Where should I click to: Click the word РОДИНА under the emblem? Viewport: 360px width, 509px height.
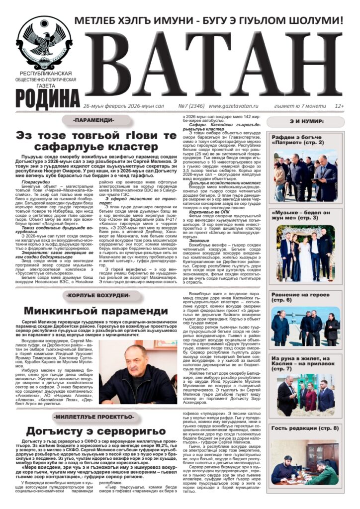(x=47, y=94)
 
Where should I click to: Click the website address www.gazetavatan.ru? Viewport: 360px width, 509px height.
(x=234, y=106)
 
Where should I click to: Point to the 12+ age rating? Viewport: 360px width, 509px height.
(x=340, y=106)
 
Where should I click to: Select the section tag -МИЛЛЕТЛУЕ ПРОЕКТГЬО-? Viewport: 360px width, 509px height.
(x=94, y=416)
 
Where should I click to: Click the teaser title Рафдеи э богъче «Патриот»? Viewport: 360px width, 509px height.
(x=297, y=140)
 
